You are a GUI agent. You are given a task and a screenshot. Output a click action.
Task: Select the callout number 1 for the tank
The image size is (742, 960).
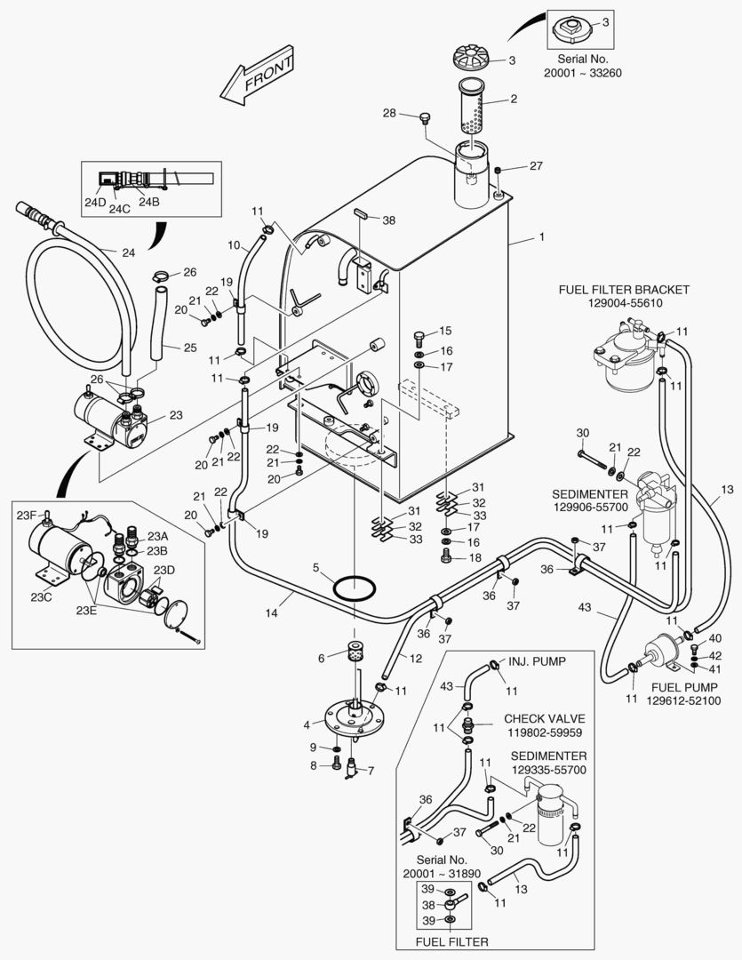pyautogui.click(x=540, y=237)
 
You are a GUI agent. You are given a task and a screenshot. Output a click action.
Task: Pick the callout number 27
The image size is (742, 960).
pyautogui.click(x=536, y=166)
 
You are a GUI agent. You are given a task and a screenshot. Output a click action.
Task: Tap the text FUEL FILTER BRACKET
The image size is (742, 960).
pyautogui.click(x=624, y=290)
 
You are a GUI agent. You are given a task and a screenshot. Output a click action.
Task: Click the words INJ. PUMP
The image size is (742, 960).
pyautogui.click(x=537, y=661)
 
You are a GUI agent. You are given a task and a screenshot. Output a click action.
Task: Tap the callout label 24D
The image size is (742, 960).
pyautogui.click(x=95, y=203)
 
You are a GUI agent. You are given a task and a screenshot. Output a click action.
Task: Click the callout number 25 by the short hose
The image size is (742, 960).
pyautogui.click(x=189, y=348)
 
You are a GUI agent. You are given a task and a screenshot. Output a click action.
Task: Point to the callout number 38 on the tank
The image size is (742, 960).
pyautogui.click(x=388, y=220)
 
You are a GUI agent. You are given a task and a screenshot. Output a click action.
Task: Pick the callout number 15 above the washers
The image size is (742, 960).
pyautogui.click(x=445, y=331)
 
